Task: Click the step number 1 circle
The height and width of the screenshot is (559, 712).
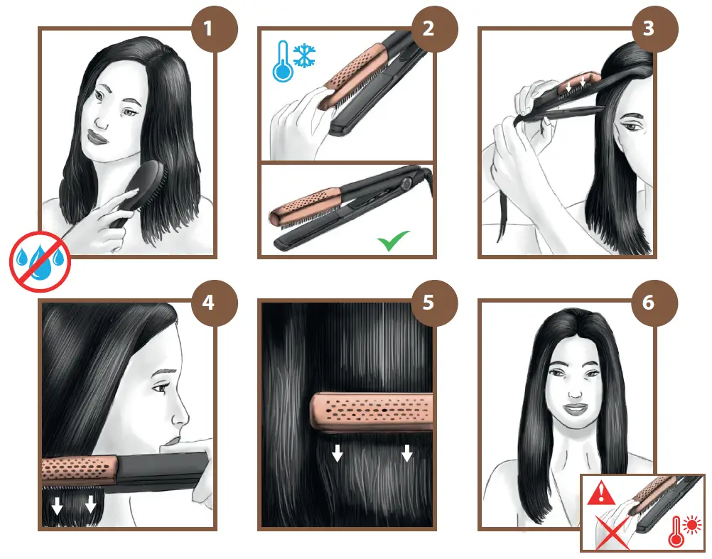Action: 208,30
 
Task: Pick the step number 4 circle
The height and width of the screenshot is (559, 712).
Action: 208,302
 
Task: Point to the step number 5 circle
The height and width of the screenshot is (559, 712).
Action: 428,302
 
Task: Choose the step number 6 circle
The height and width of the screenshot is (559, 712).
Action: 647,302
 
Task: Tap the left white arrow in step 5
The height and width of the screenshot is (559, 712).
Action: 338,452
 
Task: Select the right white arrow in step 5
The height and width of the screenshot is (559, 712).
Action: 406,452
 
